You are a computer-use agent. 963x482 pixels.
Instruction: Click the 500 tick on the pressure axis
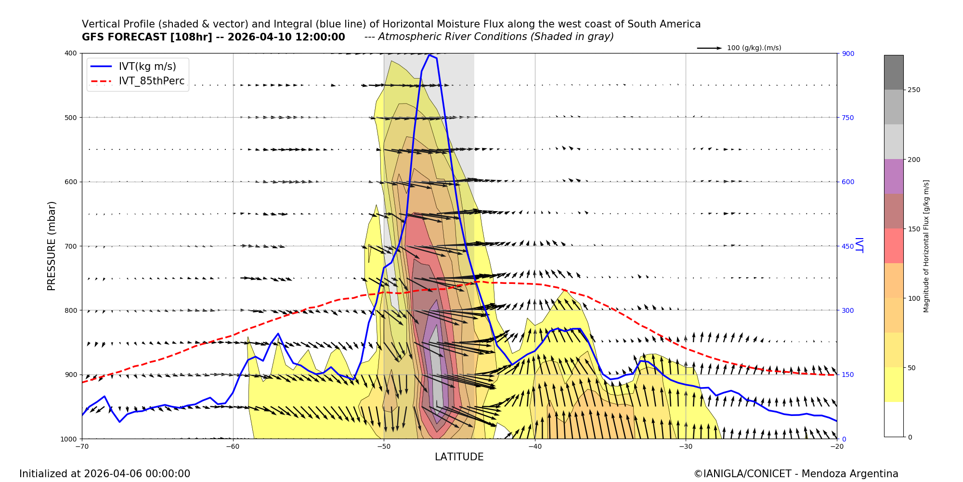point(71,118)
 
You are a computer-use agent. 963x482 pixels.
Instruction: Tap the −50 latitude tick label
point(383,446)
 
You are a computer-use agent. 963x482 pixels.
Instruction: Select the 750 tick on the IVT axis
point(848,118)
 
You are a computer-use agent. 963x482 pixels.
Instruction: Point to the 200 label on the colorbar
point(914,160)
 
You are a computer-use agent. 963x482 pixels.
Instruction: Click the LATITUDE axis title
point(459,457)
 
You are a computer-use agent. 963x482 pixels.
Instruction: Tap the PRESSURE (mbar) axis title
point(52,246)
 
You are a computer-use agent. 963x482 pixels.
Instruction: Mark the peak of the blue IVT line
point(429,55)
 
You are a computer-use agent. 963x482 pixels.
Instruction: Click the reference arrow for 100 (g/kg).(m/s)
point(709,48)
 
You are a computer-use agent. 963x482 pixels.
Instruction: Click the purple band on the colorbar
point(894,176)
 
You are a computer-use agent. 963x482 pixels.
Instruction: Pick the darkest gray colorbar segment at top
point(894,72)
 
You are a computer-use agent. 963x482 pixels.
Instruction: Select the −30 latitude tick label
point(685,446)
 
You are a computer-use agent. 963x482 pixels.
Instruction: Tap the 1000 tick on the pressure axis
point(69,439)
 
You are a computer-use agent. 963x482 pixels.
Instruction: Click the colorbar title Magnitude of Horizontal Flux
point(926,246)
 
